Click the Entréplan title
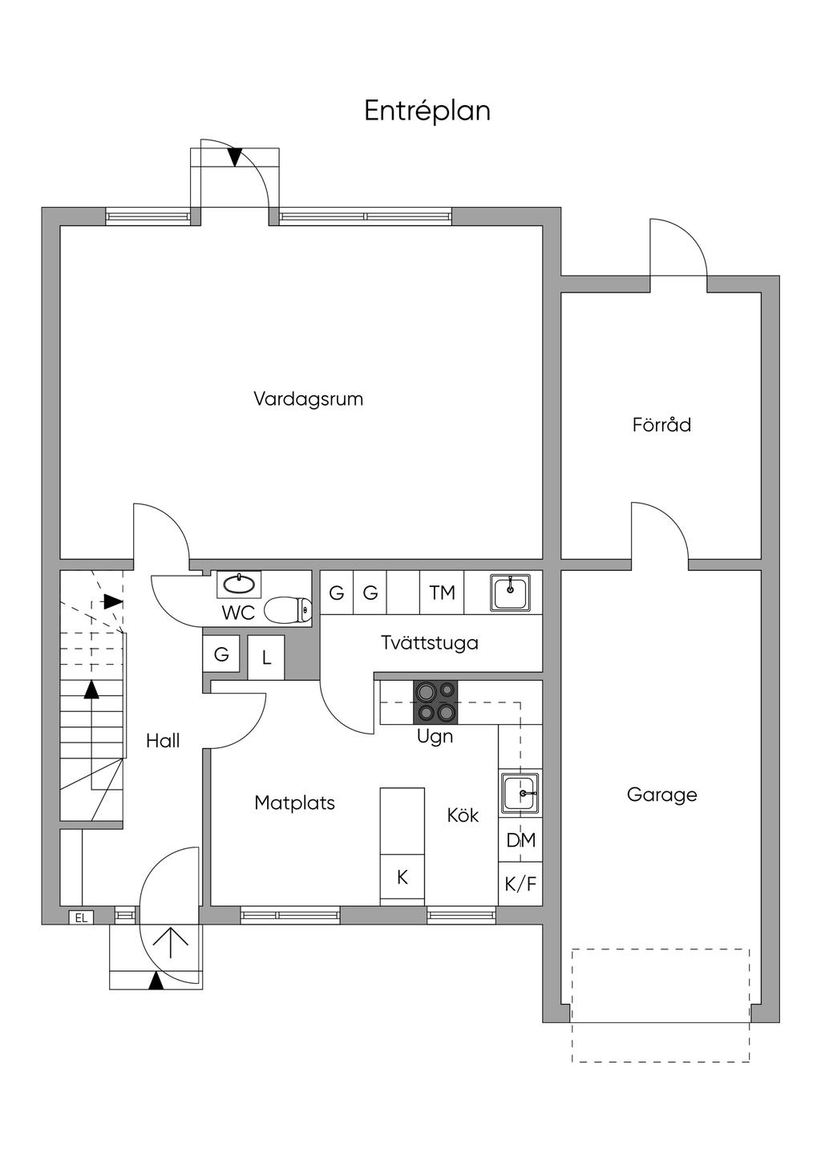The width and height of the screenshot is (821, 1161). (x=427, y=111)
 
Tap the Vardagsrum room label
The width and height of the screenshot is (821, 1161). (x=308, y=398)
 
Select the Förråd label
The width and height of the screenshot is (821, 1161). (x=661, y=425)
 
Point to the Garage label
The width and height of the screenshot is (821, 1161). (x=661, y=795)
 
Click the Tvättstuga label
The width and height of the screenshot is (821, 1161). (x=429, y=642)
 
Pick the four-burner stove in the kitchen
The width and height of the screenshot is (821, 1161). (x=435, y=702)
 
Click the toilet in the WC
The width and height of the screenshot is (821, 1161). (x=288, y=610)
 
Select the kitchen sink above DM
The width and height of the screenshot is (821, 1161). (x=520, y=793)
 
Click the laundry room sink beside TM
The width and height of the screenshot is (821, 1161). (x=510, y=593)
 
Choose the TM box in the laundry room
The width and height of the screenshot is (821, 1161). (x=442, y=593)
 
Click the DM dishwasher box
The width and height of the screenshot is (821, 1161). (x=520, y=840)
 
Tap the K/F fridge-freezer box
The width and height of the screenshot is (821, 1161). (x=520, y=884)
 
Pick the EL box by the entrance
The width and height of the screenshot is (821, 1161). (x=81, y=918)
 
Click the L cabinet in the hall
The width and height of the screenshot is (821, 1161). (x=266, y=658)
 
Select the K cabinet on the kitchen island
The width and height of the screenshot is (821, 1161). (x=402, y=877)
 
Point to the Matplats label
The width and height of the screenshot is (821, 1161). (x=294, y=803)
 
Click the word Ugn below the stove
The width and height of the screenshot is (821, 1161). (x=435, y=736)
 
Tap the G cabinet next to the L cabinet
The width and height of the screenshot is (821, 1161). (x=221, y=655)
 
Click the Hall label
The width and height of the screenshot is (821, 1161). (x=163, y=741)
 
